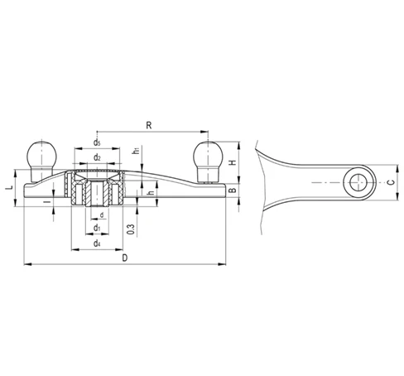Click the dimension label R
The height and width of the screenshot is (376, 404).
(x=149, y=125)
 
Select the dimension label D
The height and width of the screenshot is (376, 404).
(x=125, y=258)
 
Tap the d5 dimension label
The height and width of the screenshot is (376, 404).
(x=97, y=142)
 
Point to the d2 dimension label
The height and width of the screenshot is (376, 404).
(x=97, y=157)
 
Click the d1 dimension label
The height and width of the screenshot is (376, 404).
(x=97, y=228)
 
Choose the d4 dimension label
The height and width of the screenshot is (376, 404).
(x=97, y=243)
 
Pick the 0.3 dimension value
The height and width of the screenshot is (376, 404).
(x=132, y=229)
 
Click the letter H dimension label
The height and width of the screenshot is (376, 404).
(x=233, y=162)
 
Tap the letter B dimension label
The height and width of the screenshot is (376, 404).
(x=233, y=190)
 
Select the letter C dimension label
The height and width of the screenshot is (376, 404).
(x=391, y=182)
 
